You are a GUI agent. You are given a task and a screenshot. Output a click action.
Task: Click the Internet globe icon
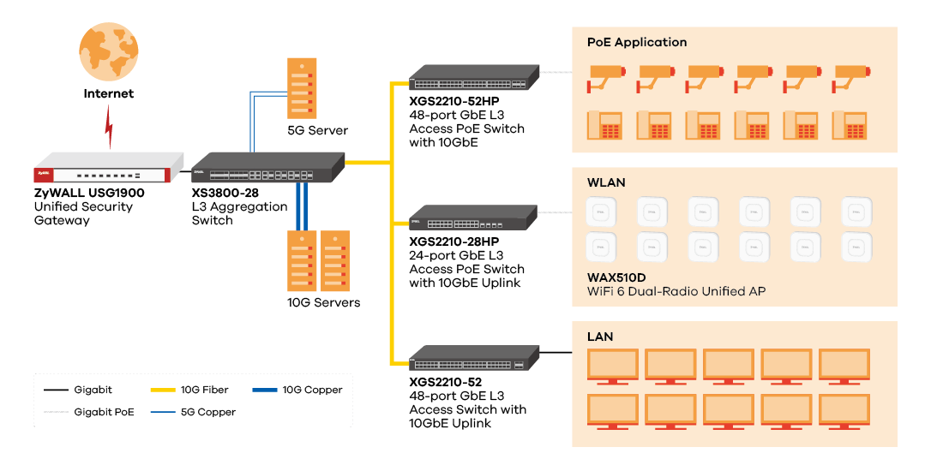pos(108,52)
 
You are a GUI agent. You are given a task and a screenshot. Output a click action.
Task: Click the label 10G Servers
pos(323,302)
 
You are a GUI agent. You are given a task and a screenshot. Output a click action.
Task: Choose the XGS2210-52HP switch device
pos(473,78)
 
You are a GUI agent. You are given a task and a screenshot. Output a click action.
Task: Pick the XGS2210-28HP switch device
pos(473,218)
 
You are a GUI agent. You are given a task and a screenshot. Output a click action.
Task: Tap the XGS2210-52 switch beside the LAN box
pos(473,358)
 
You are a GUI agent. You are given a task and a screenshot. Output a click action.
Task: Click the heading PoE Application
pos(637,42)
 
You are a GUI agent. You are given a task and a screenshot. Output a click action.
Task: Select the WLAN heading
pos(606,182)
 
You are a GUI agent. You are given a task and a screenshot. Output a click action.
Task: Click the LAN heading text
pos(600,337)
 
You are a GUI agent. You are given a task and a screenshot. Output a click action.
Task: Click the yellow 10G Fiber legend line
pos(165,390)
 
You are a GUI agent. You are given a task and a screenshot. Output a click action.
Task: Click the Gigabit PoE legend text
pos(104,412)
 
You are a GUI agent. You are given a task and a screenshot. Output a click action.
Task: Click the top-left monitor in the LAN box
pos(612,366)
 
